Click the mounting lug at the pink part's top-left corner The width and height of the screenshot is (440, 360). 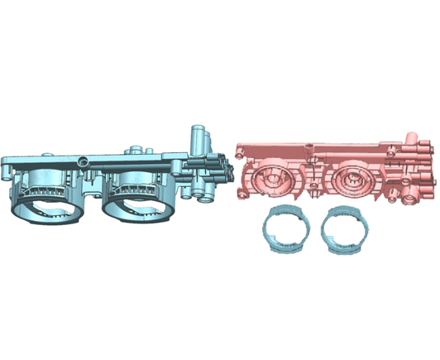tap(240, 150)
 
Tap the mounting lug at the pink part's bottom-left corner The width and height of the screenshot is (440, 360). tap(242, 191)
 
